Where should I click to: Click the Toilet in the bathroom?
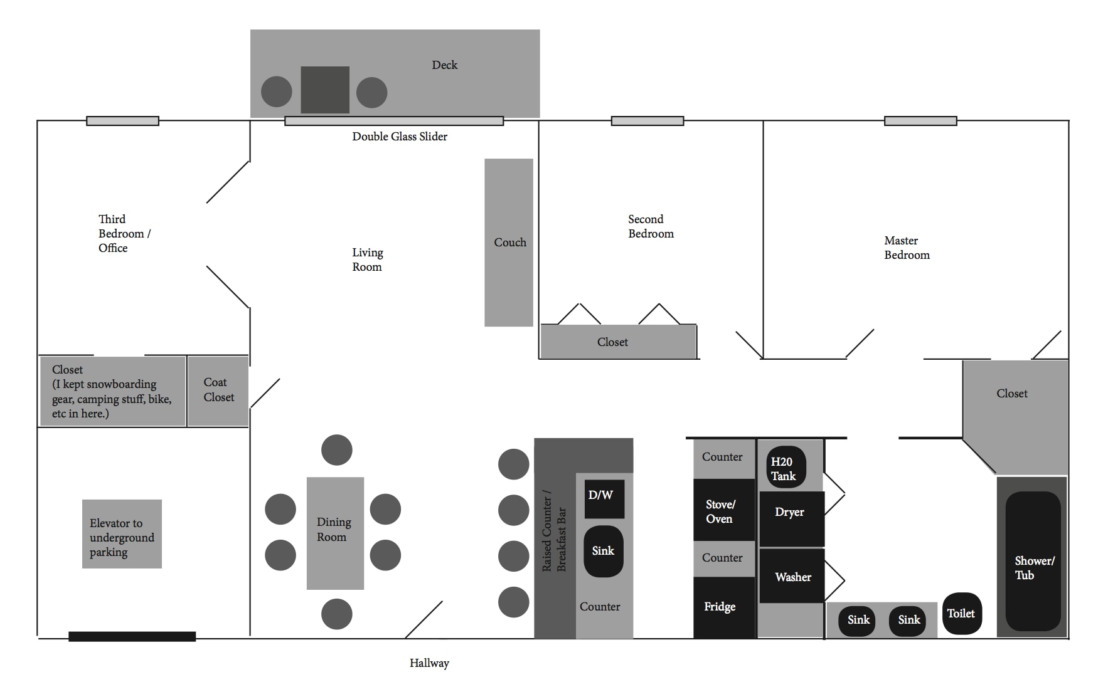pos(961,614)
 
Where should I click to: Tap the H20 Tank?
pos(786,468)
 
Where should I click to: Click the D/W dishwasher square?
pos(604,499)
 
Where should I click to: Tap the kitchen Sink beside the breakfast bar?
pos(603,551)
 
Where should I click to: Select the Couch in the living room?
pos(508,242)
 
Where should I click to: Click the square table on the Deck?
pos(324,90)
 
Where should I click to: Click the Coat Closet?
pos(218,391)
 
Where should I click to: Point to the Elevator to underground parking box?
pos(122,534)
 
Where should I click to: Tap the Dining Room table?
pos(334,533)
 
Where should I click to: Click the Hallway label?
pos(429,663)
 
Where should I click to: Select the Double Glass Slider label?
pos(399,137)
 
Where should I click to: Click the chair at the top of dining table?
pos(336,450)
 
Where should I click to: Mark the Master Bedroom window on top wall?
pos(920,121)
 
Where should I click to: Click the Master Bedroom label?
pos(906,248)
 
